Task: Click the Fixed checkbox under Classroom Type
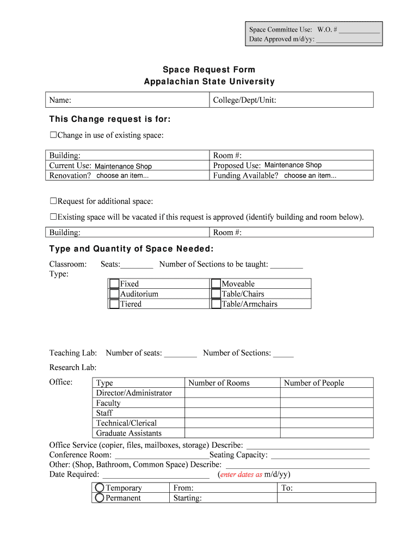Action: [x=114, y=284]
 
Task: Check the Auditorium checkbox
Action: [x=114, y=294]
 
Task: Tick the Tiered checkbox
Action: [x=114, y=304]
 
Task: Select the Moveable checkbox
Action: [x=216, y=284]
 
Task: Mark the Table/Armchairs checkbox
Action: [x=216, y=304]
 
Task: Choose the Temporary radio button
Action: [x=100, y=488]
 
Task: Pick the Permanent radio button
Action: [x=100, y=498]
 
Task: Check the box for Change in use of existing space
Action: [x=53, y=135]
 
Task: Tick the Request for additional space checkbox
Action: [x=53, y=201]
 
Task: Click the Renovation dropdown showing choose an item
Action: [x=122, y=176]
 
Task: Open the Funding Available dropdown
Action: [x=310, y=176]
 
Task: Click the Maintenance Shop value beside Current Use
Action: [x=123, y=166]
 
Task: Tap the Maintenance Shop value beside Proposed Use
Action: [x=293, y=165]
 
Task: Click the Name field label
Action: [x=60, y=100]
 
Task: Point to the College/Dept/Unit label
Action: [x=244, y=100]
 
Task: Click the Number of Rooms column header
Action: [x=219, y=383]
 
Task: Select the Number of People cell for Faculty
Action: [x=326, y=403]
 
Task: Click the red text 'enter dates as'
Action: [x=241, y=474]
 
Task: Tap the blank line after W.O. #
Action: [x=359, y=29]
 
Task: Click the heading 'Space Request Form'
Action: [x=209, y=70]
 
